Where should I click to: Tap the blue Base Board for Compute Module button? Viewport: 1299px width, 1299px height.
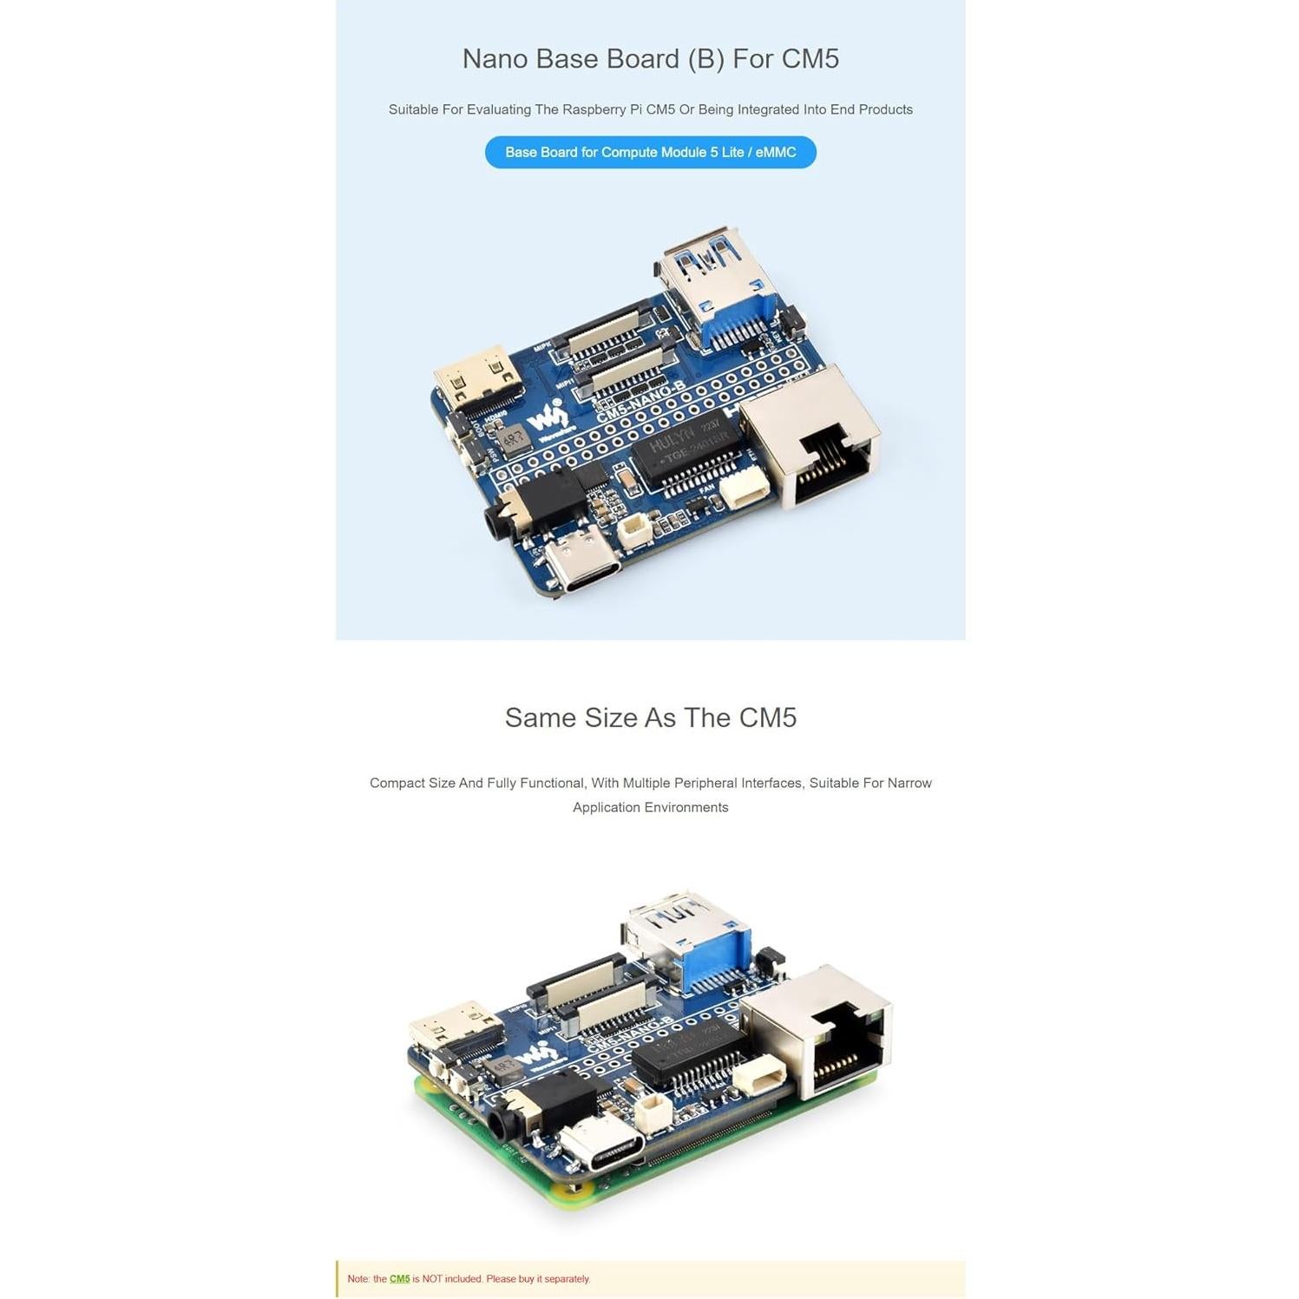coord(650,152)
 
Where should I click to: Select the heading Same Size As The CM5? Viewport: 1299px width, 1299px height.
coord(650,718)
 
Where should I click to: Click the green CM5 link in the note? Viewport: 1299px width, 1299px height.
coord(399,1278)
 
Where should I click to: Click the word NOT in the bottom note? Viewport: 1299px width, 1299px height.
coord(432,1278)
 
